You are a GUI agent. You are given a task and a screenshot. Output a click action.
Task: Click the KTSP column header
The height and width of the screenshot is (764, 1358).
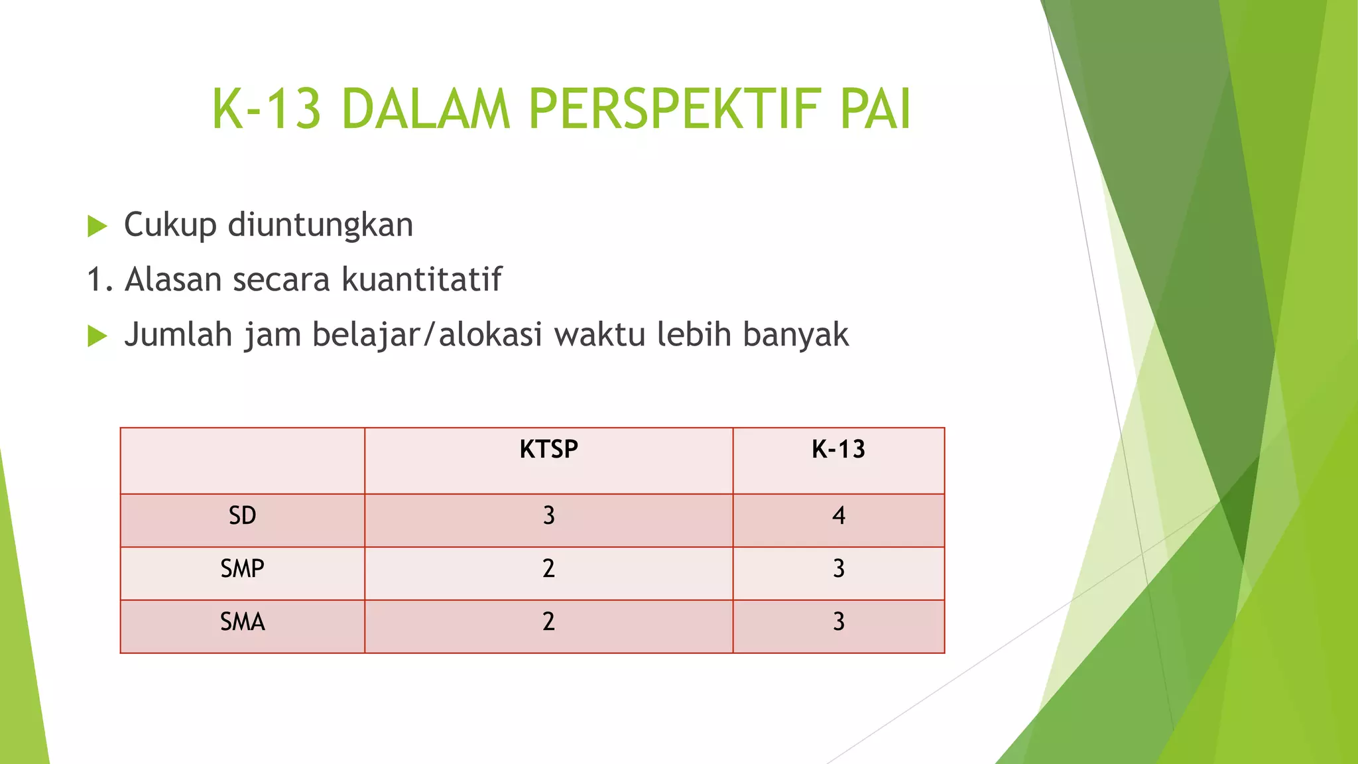(x=548, y=450)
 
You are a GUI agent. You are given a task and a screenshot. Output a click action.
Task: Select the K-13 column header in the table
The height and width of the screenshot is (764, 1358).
(x=838, y=450)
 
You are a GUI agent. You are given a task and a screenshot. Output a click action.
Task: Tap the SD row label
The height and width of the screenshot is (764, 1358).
(x=242, y=515)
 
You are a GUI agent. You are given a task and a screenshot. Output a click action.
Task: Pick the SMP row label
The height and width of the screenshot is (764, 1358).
(x=242, y=568)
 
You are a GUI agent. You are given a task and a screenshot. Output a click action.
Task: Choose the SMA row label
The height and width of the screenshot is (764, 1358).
(x=242, y=621)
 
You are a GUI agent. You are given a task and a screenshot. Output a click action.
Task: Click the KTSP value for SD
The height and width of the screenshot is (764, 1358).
(x=548, y=515)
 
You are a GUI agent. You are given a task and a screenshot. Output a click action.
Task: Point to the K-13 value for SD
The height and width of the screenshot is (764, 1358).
(x=838, y=515)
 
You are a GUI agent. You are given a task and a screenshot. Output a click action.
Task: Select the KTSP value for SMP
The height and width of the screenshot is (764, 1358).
(x=548, y=568)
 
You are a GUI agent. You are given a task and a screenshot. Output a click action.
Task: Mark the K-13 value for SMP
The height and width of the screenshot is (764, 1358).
(x=838, y=568)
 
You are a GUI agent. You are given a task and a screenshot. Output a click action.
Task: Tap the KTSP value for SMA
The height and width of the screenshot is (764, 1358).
(x=548, y=621)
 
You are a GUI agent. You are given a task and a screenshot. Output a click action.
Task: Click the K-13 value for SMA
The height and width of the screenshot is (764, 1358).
(x=838, y=621)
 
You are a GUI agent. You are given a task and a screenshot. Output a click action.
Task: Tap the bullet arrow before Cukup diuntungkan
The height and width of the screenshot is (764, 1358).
(x=97, y=226)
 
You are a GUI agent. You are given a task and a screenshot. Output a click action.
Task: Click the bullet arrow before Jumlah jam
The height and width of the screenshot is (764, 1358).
(x=97, y=336)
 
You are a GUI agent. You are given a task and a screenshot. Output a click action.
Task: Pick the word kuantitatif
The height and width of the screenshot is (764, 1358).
(x=422, y=279)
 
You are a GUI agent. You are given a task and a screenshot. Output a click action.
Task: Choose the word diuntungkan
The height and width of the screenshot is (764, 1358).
(x=320, y=225)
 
